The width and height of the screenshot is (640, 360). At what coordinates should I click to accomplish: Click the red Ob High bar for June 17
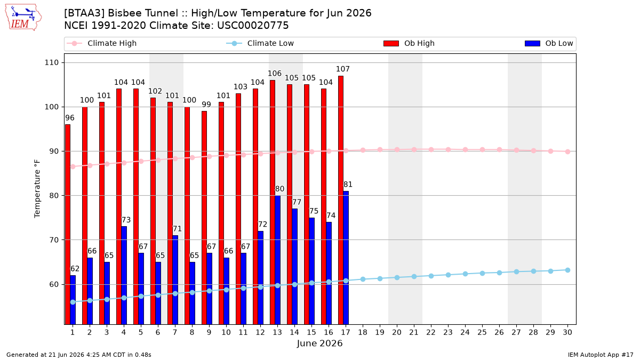(x=341, y=200)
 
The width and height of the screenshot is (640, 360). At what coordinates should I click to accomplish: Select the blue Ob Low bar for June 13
(x=277, y=260)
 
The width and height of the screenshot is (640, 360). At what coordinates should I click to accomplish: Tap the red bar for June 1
(x=68, y=225)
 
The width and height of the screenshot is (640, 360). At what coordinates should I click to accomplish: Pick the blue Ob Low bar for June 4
(x=124, y=275)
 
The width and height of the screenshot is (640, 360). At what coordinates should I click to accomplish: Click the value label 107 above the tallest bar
(x=342, y=69)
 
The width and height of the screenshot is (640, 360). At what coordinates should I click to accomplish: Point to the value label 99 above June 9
(x=206, y=105)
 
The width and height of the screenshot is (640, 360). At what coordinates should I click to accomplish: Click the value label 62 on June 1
(x=75, y=269)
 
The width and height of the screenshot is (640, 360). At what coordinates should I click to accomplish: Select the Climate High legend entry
(x=101, y=43)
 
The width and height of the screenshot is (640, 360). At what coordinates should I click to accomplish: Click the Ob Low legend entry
(x=549, y=43)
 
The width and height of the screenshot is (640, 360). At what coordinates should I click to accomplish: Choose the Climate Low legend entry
(x=260, y=43)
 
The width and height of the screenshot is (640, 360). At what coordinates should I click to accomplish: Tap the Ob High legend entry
(x=409, y=43)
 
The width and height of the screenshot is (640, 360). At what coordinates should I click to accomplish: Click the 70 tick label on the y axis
(x=54, y=240)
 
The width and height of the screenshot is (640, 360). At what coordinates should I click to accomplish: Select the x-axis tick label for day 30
(x=567, y=332)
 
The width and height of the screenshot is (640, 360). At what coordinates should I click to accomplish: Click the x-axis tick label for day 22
(x=431, y=332)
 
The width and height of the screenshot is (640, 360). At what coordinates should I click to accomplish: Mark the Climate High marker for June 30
(x=567, y=151)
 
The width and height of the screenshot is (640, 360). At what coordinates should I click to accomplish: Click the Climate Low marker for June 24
(x=465, y=274)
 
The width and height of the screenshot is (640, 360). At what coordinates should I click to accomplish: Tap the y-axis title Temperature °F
(x=37, y=189)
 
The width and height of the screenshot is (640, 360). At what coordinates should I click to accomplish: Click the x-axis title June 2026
(x=319, y=343)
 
